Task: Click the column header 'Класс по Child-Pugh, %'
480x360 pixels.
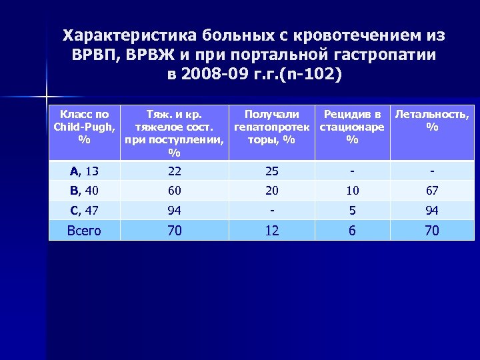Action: (x=85, y=127)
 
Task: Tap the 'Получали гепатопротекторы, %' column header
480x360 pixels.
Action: (x=271, y=127)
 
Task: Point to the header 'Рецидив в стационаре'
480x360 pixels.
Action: (x=352, y=127)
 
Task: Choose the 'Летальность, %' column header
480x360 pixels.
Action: (x=432, y=121)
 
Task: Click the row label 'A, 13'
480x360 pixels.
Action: (x=85, y=171)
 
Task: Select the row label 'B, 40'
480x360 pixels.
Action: (x=85, y=191)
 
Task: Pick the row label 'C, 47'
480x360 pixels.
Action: (x=85, y=211)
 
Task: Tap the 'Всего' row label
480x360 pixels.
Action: (x=85, y=231)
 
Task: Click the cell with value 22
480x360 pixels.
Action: (x=175, y=171)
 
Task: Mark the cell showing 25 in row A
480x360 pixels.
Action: (x=272, y=171)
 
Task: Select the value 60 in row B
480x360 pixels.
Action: (x=175, y=191)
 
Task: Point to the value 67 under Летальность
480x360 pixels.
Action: (x=432, y=191)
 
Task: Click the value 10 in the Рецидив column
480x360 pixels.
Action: (x=352, y=191)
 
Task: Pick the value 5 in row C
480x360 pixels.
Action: (x=352, y=211)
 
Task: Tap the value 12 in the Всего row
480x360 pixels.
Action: (x=272, y=231)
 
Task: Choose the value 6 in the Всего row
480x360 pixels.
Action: (x=352, y=231)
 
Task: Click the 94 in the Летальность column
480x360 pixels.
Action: (x=432, y=211)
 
